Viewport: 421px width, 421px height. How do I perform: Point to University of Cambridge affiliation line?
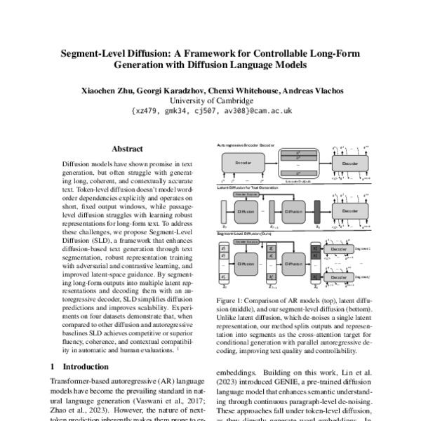point(210,100)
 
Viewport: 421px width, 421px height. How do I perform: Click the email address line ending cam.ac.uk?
point(210,111)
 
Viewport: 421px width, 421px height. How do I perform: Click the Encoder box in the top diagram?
point(243,163)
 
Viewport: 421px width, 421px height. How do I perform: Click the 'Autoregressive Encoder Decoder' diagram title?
point(246,143)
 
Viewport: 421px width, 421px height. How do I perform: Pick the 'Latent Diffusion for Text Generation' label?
point(247,188)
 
